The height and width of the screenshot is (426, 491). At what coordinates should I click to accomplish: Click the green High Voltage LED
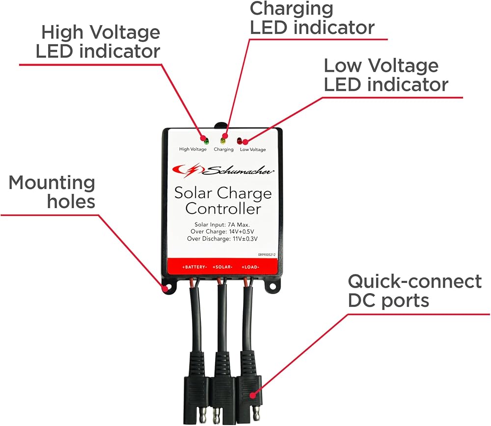(206, 141)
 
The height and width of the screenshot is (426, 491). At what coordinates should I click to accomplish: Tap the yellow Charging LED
(224, 141)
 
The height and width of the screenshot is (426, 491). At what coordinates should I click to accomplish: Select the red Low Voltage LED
(240, 141)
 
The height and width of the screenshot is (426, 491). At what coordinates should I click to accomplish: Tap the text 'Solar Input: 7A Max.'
(223, 224)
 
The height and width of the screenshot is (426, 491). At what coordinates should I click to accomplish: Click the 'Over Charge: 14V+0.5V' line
(223, 232)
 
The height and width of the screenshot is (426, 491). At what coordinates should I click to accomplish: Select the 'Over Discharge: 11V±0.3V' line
(223, 239)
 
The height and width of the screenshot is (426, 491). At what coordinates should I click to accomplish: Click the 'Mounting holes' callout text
(52, 192)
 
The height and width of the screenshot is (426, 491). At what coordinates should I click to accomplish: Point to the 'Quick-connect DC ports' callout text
(414, 291)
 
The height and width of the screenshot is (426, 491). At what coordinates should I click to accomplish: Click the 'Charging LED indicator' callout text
(312, 18)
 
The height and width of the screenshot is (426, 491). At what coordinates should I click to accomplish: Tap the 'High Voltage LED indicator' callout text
(98, 42)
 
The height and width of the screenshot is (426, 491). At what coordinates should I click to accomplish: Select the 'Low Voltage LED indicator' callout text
(386, 75)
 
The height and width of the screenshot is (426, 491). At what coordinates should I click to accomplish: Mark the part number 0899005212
(267, 255)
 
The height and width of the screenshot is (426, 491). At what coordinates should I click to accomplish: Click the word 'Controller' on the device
(223, 209)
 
